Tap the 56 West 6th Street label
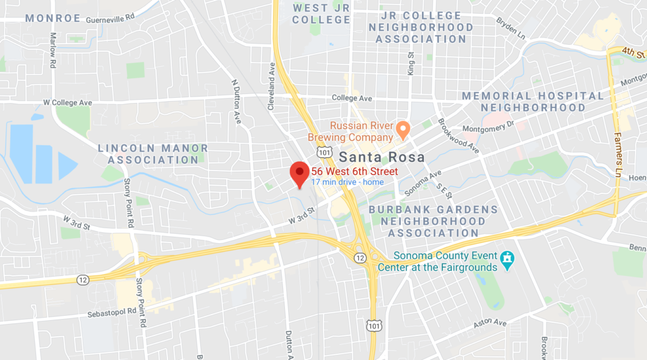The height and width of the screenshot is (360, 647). click(354, 172)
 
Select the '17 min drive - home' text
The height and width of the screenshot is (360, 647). click(347, 183)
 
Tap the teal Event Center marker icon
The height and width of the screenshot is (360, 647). click(507, 260)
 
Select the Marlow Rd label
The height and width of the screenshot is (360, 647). click(54, 51)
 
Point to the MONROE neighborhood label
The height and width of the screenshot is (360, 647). click(53, 18)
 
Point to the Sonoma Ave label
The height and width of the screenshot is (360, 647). click(423, 183)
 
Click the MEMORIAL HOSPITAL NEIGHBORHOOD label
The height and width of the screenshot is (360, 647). click(533, 102)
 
